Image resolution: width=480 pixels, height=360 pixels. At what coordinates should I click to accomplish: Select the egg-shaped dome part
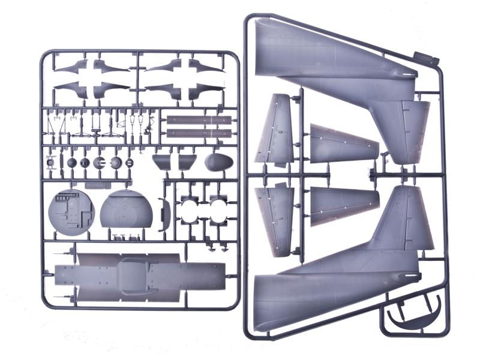coord(218,163)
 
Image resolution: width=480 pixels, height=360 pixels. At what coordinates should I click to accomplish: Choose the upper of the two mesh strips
coord(199,120)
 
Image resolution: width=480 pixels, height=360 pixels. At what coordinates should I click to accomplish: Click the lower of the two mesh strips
coord(199,133)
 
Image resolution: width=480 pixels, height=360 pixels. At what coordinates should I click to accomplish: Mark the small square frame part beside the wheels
coord(52,163)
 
